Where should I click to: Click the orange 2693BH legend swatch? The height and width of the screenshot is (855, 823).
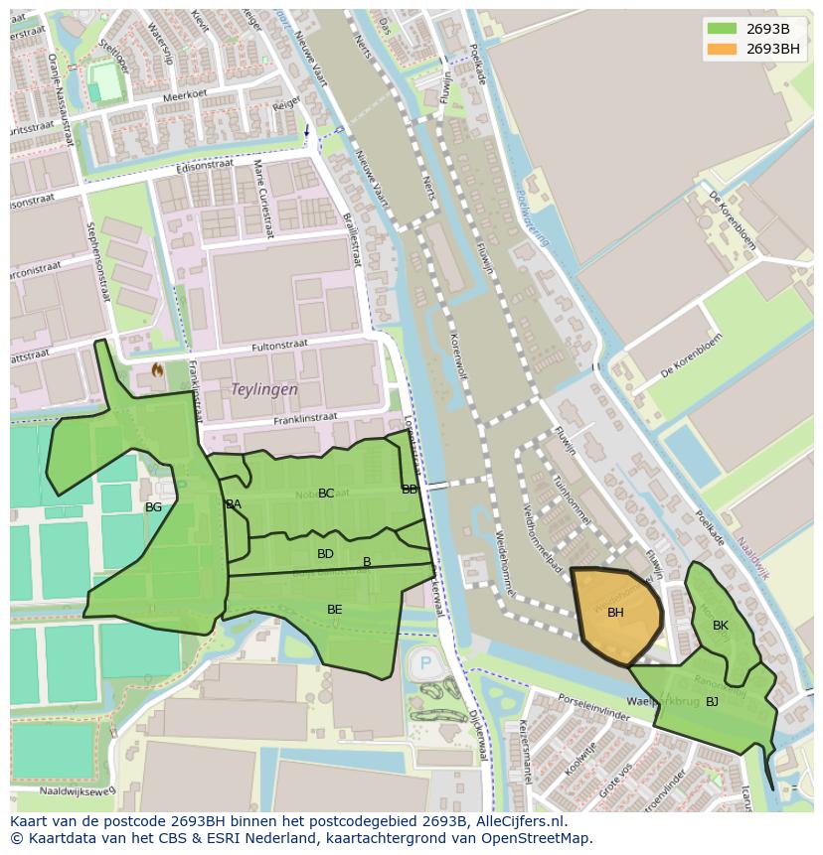pyautogui.click(x=723, y=49)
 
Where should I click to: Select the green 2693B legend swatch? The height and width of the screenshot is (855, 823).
pyautogui.click(x=723, y=28)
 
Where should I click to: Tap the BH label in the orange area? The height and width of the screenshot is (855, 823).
pyautogui.click(x=615, y=613)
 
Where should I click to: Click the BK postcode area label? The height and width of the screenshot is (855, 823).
pyautogui.click(x=721, y=626)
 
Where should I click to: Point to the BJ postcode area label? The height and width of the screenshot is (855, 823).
pyautogui.click(x=712, y=702)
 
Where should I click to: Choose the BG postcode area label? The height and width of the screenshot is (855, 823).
pyautogui.click(x=153, y=507)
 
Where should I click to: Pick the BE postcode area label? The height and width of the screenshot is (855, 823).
pyautogui.click(x=335, y=610)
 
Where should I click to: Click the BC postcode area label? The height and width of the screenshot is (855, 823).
pyautogui.click(x=326, y=494)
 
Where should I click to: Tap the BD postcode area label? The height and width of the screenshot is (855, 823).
pyautogui.click(x=325, y=554)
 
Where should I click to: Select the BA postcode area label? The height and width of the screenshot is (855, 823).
pyautogui.click(x=234, y=504)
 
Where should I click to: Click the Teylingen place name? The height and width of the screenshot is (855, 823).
pyautogui.click(x=264, y=390)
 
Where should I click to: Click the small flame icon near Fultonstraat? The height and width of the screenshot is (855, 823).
pyautogui.click(x=156, y=369)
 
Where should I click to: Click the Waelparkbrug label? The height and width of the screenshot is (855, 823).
pyautogui.click(x=667, y=700)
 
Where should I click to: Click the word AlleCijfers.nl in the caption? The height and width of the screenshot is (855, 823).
pyautogui.click(x=518, y=821)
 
